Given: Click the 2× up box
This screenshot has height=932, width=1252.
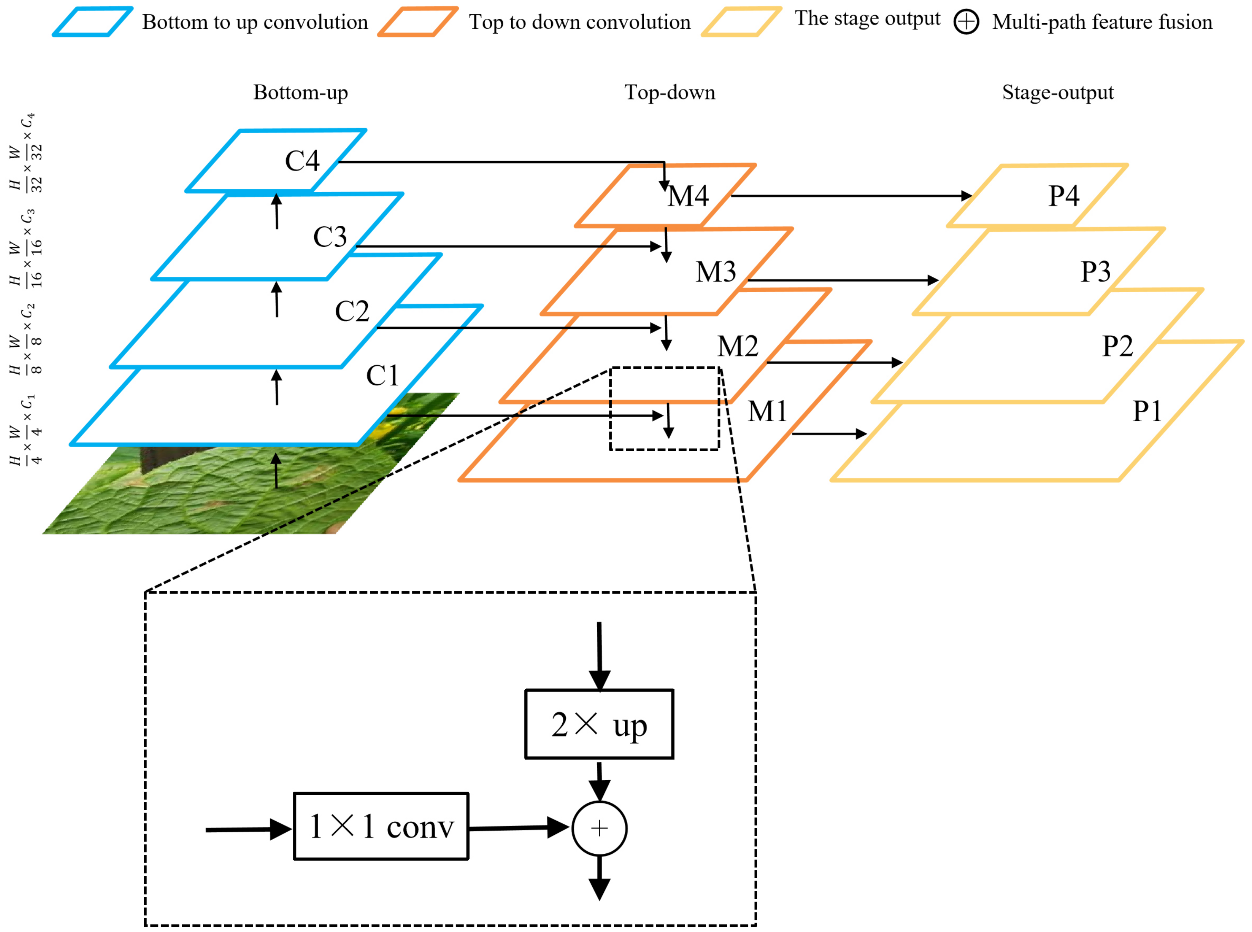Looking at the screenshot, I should pos(599,724).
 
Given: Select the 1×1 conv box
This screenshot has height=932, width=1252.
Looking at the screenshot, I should pos(381,827).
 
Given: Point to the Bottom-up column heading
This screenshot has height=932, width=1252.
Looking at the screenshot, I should pos(300,92).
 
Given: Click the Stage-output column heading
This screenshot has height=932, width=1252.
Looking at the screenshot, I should pos(1057,92).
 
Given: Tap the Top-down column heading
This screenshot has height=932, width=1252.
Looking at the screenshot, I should pos(669,92).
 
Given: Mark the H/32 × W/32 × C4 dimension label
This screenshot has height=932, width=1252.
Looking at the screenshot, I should pos(25,152).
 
